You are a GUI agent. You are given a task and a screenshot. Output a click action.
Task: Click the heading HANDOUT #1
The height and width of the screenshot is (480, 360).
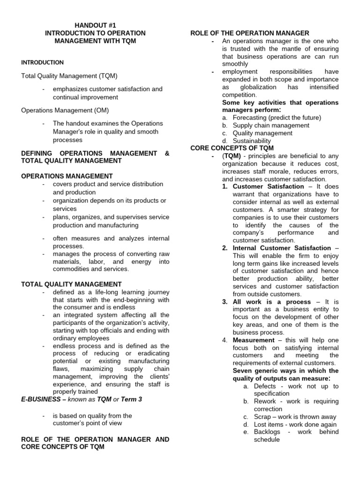95,25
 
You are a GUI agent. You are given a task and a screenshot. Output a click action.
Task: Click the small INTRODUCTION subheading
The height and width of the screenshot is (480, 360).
43,62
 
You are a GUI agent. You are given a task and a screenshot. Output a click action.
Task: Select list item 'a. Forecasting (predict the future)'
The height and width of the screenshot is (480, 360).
271,118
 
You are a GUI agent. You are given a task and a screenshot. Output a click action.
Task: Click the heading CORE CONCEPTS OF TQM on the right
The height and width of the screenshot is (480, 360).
232,148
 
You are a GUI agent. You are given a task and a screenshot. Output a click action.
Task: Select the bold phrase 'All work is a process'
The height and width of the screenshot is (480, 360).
271,302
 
